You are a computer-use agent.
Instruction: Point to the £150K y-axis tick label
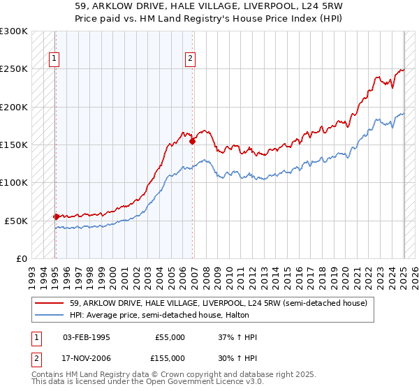tap(14, 145)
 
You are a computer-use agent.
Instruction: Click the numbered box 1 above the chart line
tap(54, 59)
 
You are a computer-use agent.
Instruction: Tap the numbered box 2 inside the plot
tap(190, 59)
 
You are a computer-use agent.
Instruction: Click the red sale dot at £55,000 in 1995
tap(56, 216)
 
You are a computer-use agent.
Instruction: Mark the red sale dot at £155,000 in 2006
tap(192, 141)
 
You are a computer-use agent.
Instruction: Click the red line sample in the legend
tap(49, 302)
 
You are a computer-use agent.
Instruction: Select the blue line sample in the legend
tap(49, 316)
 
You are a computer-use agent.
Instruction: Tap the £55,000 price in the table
tap(170, 337)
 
